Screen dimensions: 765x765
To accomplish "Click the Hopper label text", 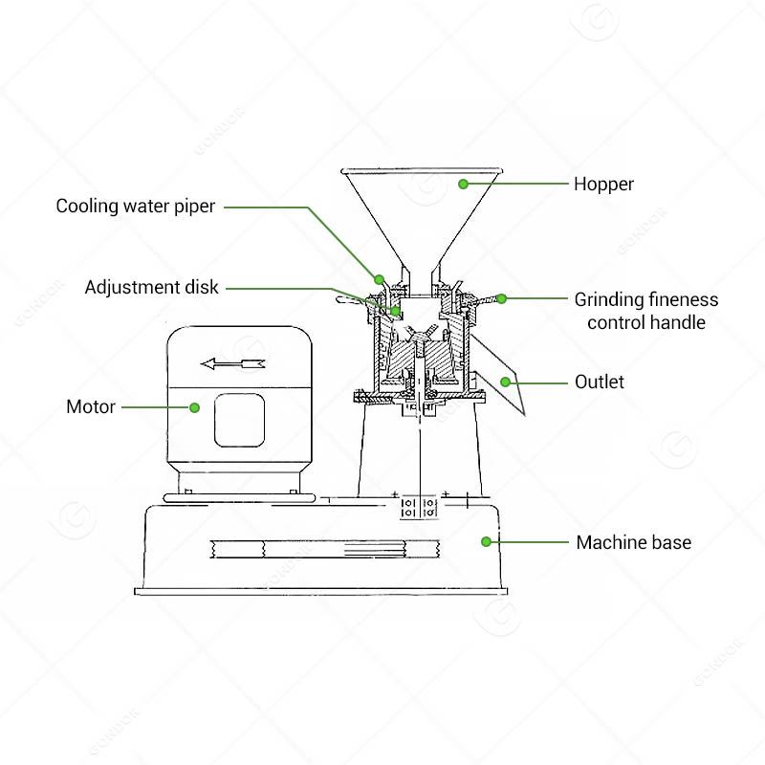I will pos(603,184).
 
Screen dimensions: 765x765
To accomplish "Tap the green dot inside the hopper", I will pos(463,183).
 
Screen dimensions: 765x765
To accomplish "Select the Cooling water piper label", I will pos(135,206).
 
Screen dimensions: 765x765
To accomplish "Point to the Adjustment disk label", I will pos(151,287).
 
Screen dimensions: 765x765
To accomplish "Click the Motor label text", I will pos(91,406).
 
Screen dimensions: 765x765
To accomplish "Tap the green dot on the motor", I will pos(194,407).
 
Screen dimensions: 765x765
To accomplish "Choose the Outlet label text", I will pos(599,382).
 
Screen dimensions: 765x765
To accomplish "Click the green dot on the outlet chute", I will pos(504,382).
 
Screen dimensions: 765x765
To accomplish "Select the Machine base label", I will pos(633,542).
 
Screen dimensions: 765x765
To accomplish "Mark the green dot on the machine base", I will pos(486,541).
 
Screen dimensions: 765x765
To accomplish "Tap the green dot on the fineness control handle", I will pos(501,298).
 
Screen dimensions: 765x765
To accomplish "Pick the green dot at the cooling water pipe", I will pos(380,279).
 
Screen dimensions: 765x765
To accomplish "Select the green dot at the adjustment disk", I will pos(395,311).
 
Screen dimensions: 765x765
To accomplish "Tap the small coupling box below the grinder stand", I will pos(418,506).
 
